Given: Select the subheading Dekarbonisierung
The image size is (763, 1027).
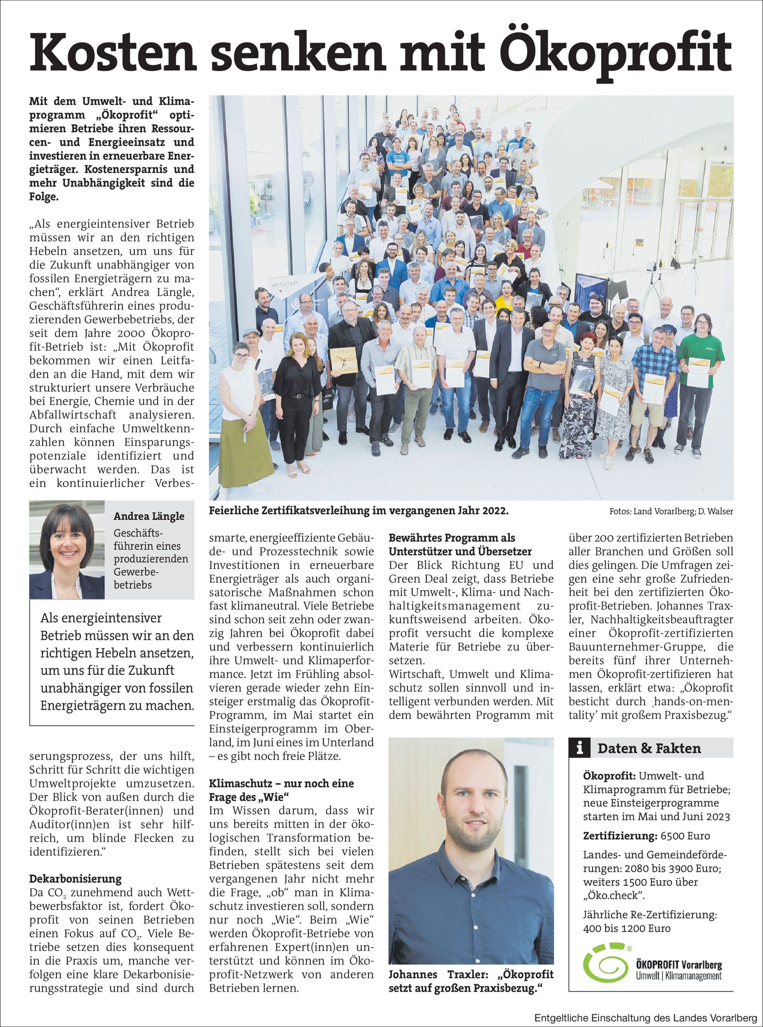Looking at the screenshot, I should point(75,879).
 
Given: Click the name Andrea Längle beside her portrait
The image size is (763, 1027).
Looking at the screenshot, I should point(149,516).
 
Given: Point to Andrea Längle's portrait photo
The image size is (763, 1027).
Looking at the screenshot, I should point(67,550).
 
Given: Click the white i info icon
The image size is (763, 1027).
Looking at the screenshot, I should point(580,748).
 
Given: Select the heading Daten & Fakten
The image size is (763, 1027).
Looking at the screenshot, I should point(649,748).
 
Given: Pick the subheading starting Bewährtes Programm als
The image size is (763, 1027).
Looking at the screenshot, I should point(452,538).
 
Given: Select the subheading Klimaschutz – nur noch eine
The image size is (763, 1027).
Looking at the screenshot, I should point(281,783).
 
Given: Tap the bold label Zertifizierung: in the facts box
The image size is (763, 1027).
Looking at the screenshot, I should point(620,836).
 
